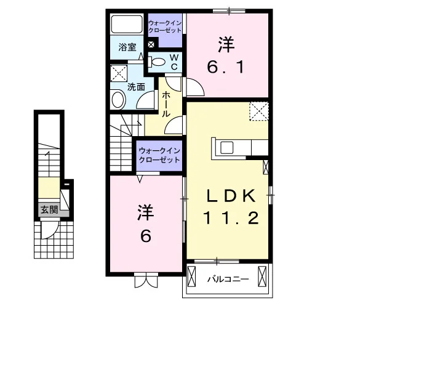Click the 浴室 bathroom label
pos(127,47)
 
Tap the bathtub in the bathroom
pos(127,25)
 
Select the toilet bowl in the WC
pos(158,62)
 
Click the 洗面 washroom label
pos(136,87)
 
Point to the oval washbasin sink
pos(118,100)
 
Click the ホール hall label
pos(166,105)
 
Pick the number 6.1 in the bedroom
pos(225,67)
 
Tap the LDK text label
pos(231,195)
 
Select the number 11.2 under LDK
pos(231,219)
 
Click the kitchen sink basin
pos(227,148)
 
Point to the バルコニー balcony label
pos(228,280)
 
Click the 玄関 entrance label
pos(49,210)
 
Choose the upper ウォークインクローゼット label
pos(165,26)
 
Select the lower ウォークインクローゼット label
pos(159,155)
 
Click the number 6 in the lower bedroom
pos(146,236)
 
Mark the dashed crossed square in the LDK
pos(259,111)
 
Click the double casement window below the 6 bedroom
pos(146,280)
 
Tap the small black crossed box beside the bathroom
pos(151,44)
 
